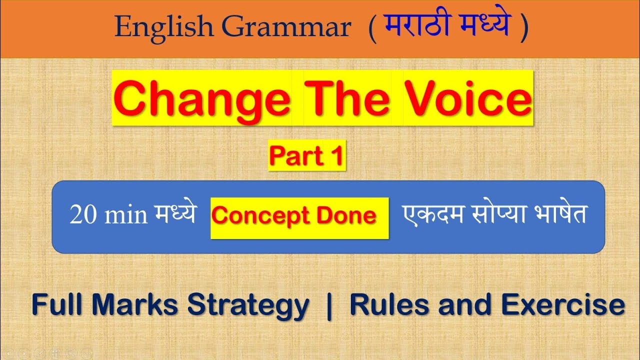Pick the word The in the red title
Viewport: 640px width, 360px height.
click(348, 98)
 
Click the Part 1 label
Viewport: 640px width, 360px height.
click(307, 156)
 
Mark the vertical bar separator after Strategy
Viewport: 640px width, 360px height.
click(328, 304)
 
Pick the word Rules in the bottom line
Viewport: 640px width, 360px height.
click(389, 304)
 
